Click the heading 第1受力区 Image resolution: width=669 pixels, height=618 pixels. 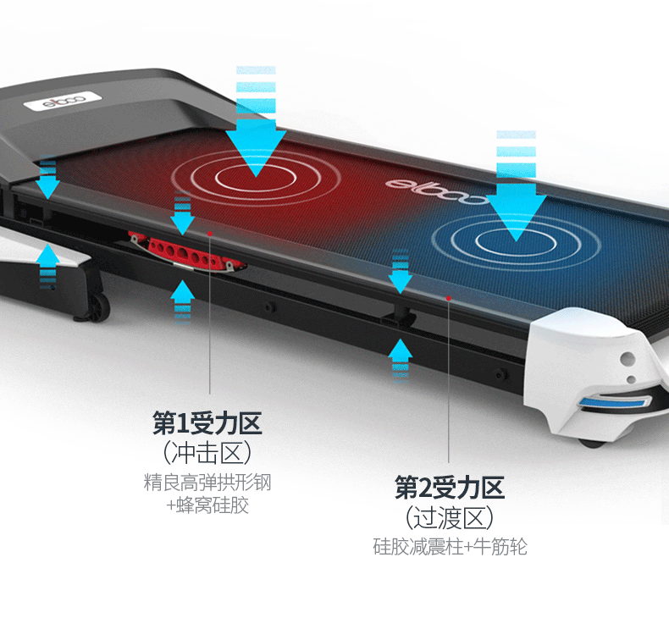pyautogui.click(x=207, y=421)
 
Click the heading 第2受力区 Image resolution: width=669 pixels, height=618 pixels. pyautogui.click(x=450, y=487)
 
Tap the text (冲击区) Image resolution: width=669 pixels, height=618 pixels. pyautogui.click(x=207, y=452)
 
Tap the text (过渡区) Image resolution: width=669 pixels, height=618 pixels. pyautogui.click(x=450, y=516)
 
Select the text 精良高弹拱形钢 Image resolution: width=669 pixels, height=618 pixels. pyautogui.click(x=207, y=483)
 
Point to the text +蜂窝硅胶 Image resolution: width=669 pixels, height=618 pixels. pyautogui.click(x=207, y=505)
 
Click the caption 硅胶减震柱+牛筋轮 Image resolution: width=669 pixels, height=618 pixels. pyautogui.click(x=450, y=547)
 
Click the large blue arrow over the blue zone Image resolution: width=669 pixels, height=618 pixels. pyautogui.click(x=516, y=186)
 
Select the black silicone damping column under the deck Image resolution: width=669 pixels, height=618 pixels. pyautogui.click(x=400, y=314)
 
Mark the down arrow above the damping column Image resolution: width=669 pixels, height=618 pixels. pyautogui.click(x=401, y=273)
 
